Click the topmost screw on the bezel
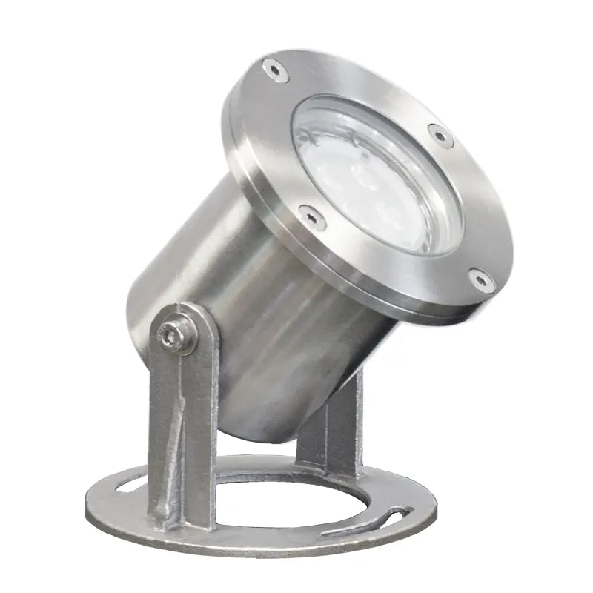(276, 69)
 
